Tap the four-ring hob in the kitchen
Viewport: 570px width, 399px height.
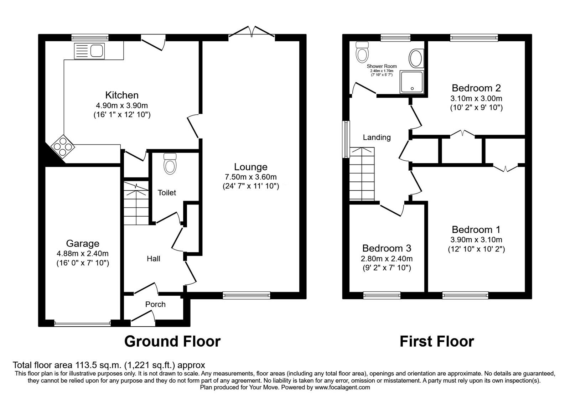(62, 146)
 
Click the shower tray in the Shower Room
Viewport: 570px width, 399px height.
(413, 82)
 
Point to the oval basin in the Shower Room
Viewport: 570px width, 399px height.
(416, 58)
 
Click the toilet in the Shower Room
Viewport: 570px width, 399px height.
(362, 52)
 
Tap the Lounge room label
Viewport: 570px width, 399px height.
(250, 167)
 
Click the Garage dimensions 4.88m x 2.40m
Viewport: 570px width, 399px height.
(82, 254)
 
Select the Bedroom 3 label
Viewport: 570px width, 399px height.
(387, 248)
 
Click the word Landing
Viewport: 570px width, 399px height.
(377, 137)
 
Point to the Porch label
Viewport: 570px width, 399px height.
(155, 304)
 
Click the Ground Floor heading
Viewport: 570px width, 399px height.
(172, 341)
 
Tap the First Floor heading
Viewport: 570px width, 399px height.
(436, 341)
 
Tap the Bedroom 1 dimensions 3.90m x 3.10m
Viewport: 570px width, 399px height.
(476, 239)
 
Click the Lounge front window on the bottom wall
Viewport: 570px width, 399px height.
(246, 295)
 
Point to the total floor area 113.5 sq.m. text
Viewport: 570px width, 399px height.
(109, 365)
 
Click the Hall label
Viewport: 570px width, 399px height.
(154, 259)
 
